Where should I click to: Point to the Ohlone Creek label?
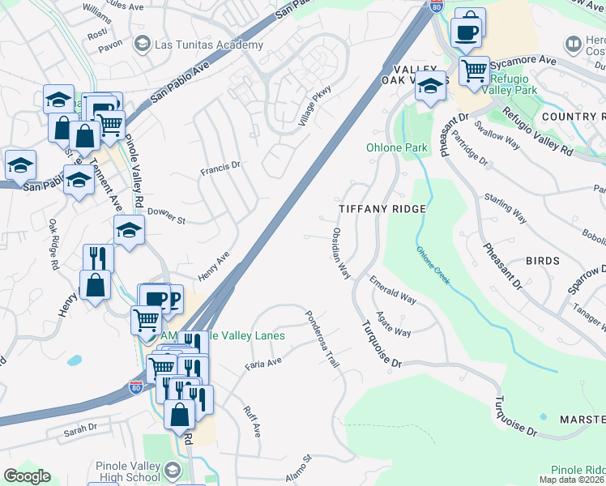click(x=433, y=265)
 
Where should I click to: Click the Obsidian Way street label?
click(x=340, y=254)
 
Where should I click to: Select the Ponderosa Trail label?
click(x=322, y=339)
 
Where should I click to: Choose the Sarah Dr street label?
click(x=81, y=427)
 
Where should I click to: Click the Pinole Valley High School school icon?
click(x=172, y=471)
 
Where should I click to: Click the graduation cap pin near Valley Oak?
click(x=430, y=85)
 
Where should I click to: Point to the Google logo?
click(x=27, y=476)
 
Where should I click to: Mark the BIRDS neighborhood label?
click(x=542, y=261)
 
